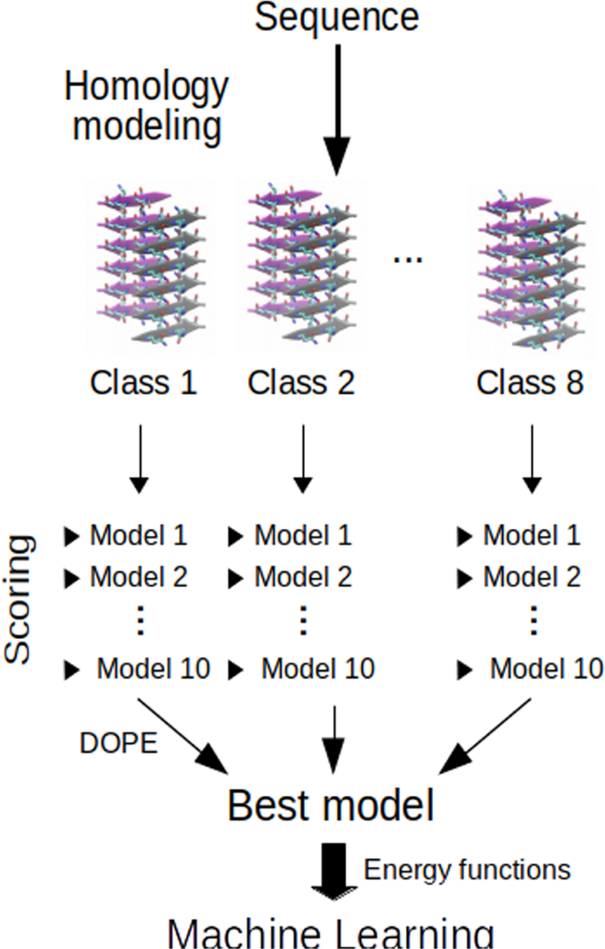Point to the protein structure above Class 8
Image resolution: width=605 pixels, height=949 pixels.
(531, 270)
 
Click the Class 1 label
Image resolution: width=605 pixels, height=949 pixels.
(143, 383)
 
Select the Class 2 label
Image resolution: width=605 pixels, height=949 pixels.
(302, 383)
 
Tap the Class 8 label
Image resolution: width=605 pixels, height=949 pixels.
(530, 383)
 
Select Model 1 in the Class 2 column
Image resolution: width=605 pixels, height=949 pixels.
(302, 535)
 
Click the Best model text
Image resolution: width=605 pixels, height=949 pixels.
(330, 806)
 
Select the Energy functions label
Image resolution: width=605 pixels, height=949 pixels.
(467, 869)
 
